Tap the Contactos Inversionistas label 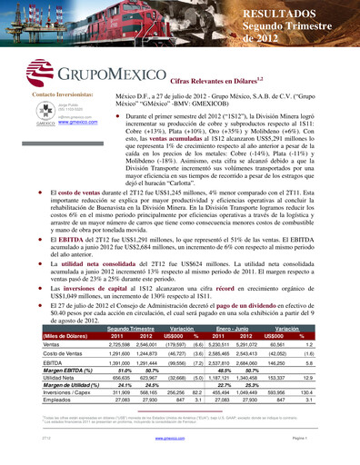[62, 94]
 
